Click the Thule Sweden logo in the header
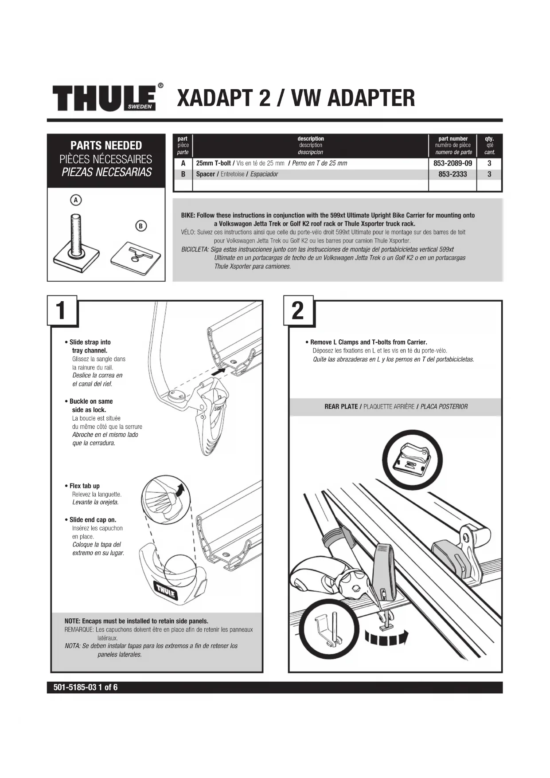[105, 97]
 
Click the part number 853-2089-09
[452, 163]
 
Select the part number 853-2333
[452, 174]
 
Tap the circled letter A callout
[76, 200]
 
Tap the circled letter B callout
[140, 226]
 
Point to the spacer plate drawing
[135, 256]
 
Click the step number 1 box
[62, 310]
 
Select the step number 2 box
[298, 310]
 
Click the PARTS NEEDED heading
[106, 145]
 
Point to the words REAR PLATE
[341, 406]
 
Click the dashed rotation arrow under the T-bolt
[385, 638]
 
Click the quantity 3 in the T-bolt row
[489, 163]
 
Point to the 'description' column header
[311, 139]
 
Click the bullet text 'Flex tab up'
[84, 486]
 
